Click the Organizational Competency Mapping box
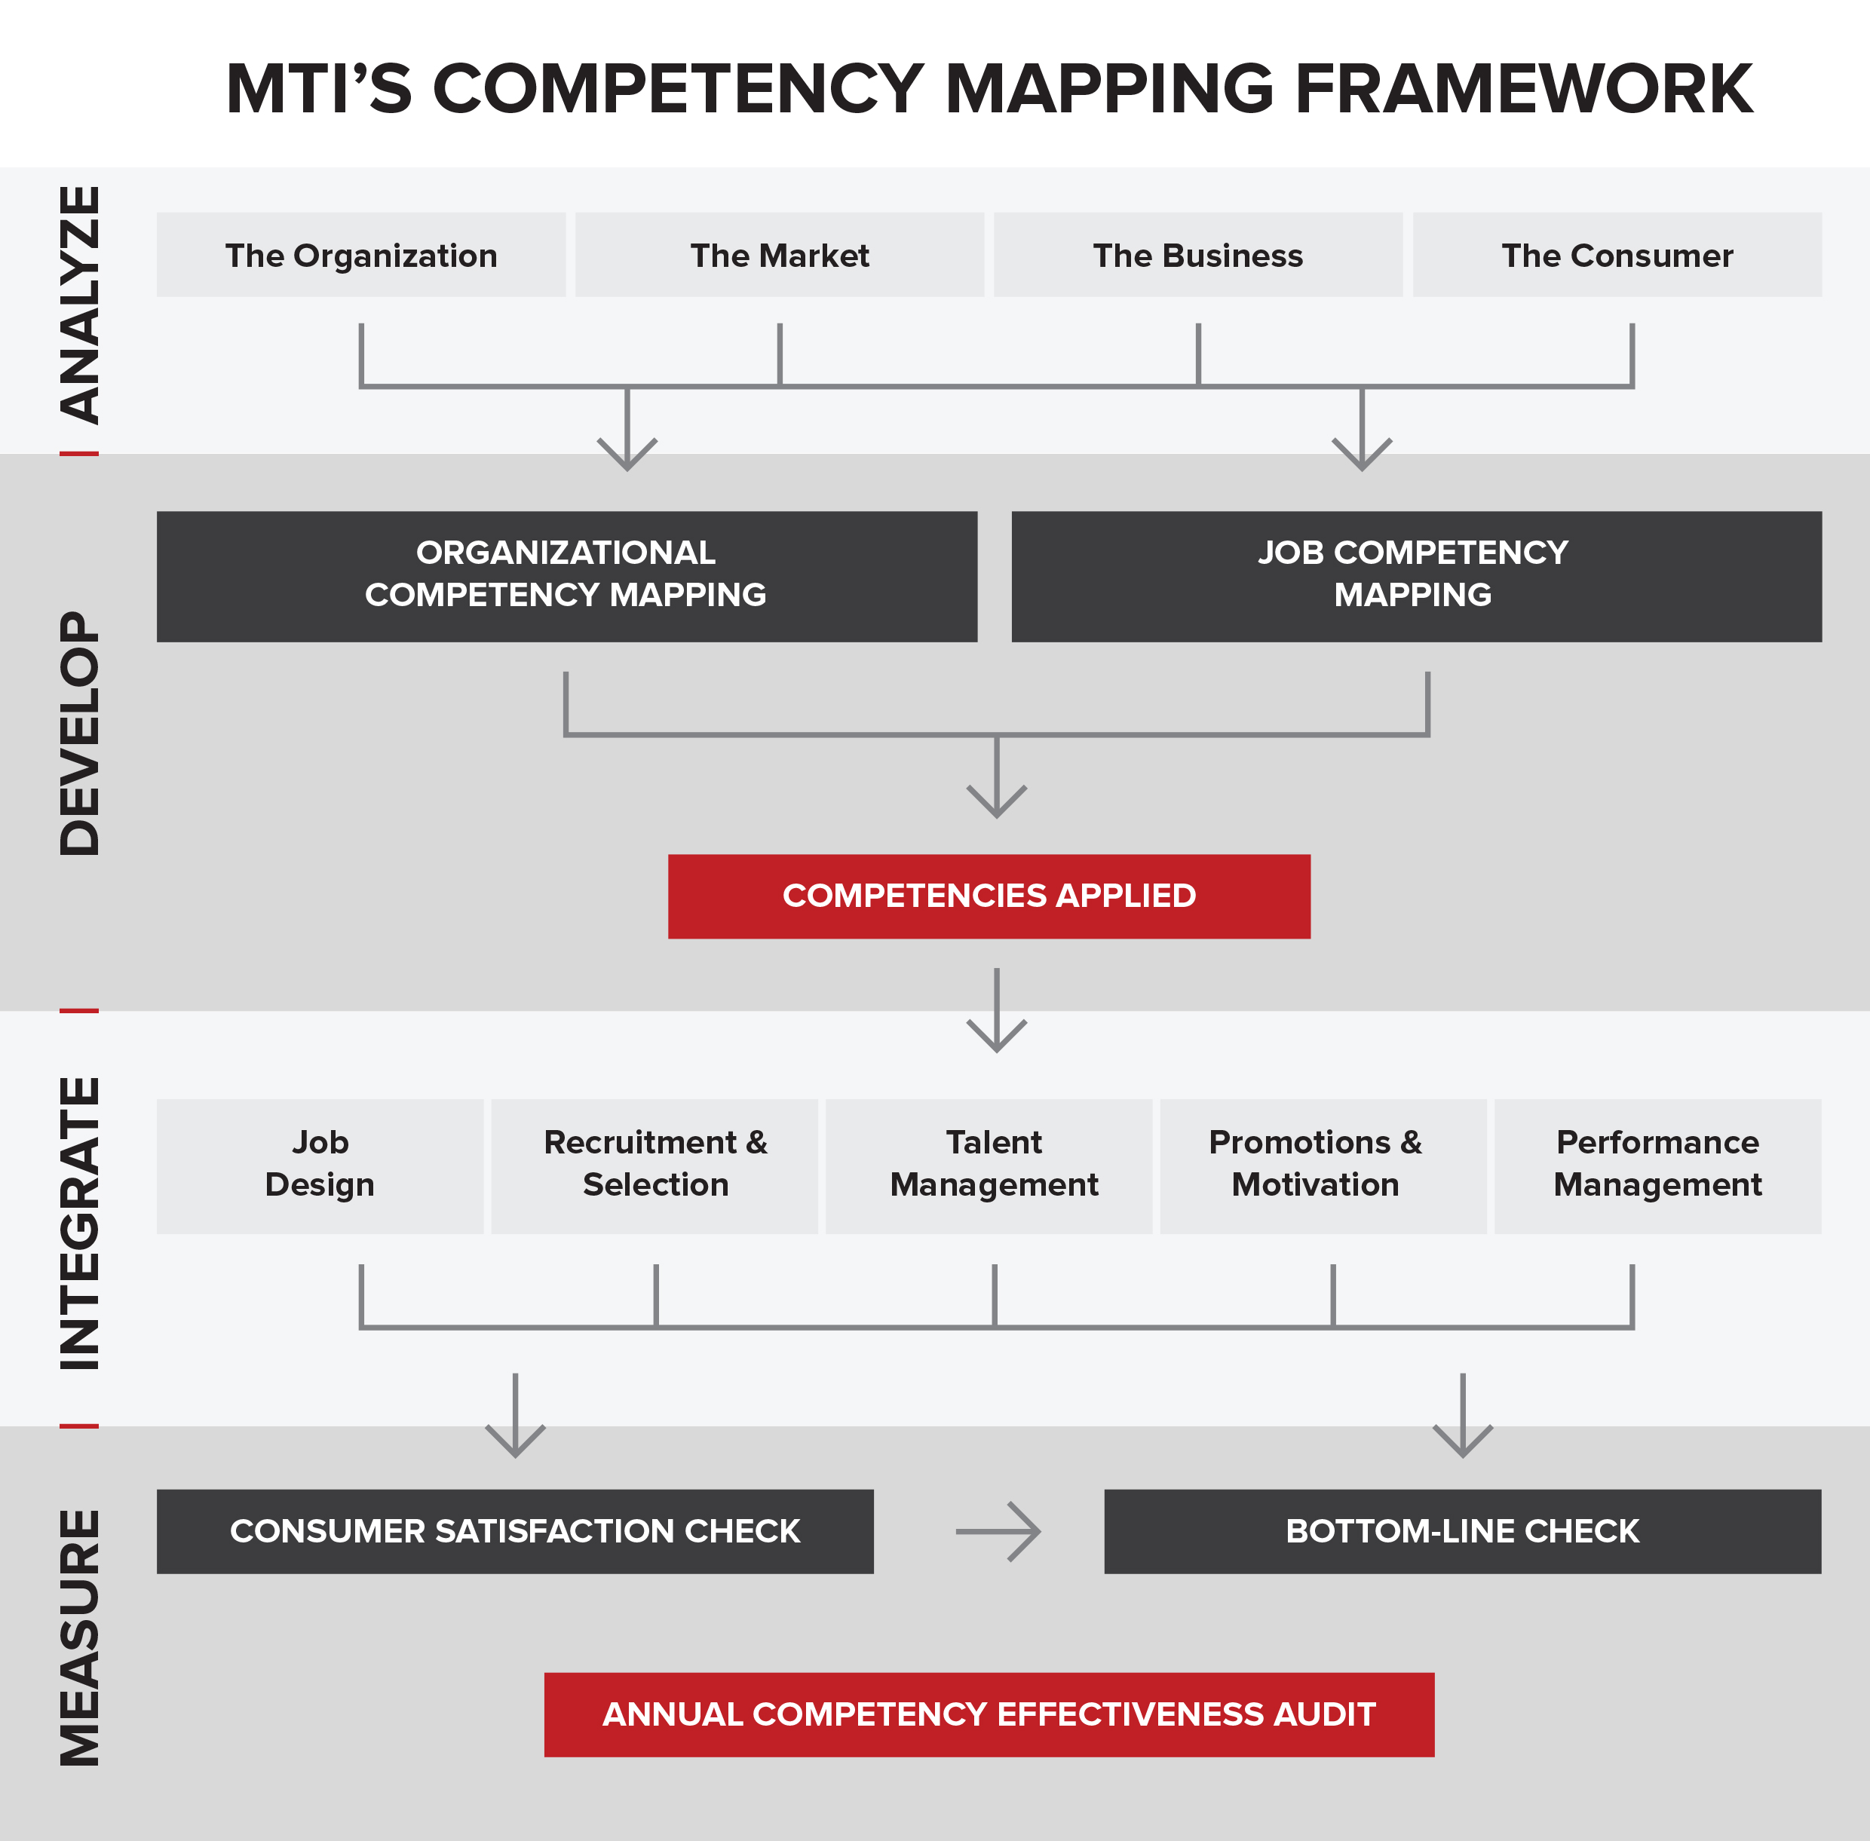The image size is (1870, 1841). pyautogui.click(x=566, y=576)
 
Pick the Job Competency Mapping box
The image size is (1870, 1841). pyautogui.click(x=1417, y=576)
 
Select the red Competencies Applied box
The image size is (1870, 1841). pyautogui.click(x=989, y=896)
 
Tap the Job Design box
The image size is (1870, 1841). pyautogui.click(x=320, y=1166)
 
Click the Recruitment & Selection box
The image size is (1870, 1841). pyautogui.click(x=654, y=1166)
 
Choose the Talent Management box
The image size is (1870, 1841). pyautogui.click(x=989, y=1166)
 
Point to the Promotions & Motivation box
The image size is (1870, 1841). pyautogui.click(x=1323, y=1166)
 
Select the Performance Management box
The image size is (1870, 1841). pyautogui.click(x=1658, y=1166)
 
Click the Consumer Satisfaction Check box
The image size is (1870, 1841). pyautogui.click(x=515, y=1532)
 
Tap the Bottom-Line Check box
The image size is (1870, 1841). pyautogui.click(x=1463, y=1532)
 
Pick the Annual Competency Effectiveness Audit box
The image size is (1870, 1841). pyautogui.click(x=989, y=1715)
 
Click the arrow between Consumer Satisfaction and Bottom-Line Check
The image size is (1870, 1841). pyautogui.click(x=998, y=1532)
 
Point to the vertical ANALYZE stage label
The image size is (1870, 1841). pyautogui.click(x=80, y=305)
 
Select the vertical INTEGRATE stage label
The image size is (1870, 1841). pyautogui.click(x=80, y=1224)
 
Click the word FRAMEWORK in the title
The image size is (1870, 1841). pyautogui.click(x=1524, y=89)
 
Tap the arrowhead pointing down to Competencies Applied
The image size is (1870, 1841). pyautogui.click(x=997, y=801)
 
